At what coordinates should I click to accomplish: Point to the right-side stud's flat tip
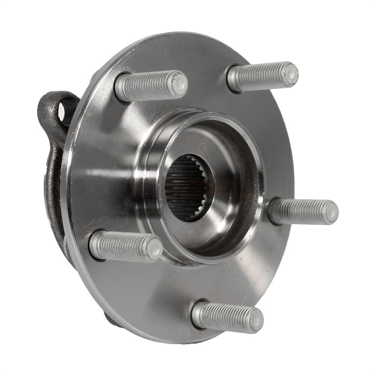pyautogui.click(x=331, y=212)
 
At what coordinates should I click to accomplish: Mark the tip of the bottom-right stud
pyautogui.click(x=256, y=320)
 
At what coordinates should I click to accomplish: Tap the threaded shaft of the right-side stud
pyautogui.click(x=301, y=211)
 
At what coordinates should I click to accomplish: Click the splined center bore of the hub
pyautogui.click(x=184, y=188)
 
